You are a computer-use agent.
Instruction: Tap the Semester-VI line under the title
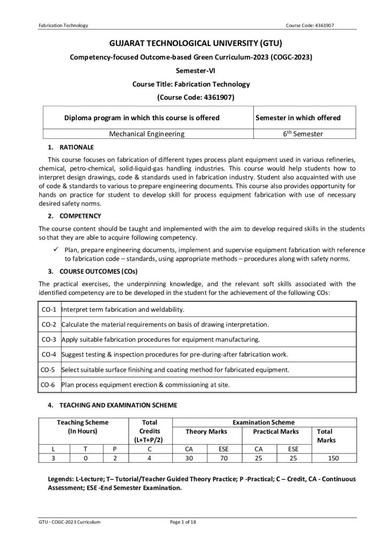193,71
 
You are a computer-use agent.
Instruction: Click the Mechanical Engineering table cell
147,134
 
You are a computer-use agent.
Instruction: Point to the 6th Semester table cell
303,134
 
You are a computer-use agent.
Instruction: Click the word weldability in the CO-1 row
167,309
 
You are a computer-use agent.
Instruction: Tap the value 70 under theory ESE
224,458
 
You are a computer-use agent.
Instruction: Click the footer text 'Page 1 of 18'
183,521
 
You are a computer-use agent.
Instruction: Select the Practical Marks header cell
276,432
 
